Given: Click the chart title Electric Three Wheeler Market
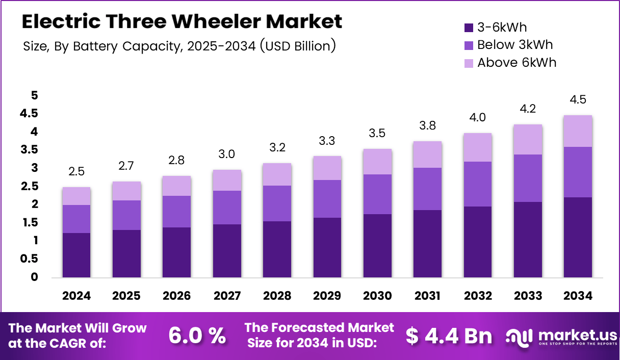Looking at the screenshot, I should tap(182, 21).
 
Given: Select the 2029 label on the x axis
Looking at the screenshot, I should tap(327, 296).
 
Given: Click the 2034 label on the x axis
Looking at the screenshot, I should tap(578, 296).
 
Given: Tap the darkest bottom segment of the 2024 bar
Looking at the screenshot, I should tap(76, 255).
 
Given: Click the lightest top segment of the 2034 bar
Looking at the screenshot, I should tap(578, 131).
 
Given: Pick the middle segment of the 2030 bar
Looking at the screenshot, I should tap(377, 194).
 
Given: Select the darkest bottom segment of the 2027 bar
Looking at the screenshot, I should tap(227, 251).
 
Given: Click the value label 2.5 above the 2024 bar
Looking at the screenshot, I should tap(76, 172).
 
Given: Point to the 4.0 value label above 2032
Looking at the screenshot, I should tap(477, 118).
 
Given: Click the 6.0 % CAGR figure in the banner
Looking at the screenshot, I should tap(197, 335).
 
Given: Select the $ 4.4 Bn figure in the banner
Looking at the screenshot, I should tap(449, 335).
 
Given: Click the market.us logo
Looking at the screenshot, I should tap(561, 337).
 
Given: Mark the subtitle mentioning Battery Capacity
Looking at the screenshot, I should tap(179, 46).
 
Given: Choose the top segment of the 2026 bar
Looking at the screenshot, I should tap(177, 186).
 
